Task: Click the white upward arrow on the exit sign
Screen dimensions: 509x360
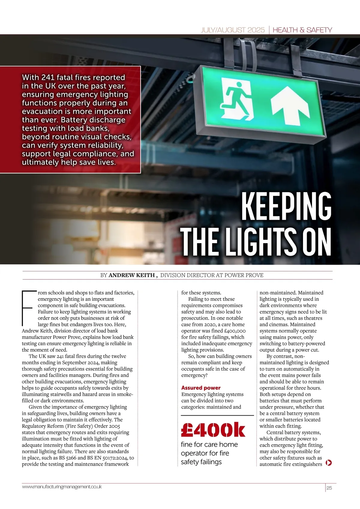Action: pyautogui.click(x=290, y=105)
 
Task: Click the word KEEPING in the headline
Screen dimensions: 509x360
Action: pyautogui.click(x=286, y=206)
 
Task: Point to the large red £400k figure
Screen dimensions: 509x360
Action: pyautogui.click(x=213, y=430)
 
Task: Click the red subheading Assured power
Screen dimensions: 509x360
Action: pyautogui.click(x=201, y=388)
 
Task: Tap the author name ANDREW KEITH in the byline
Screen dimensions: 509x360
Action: pyautogui.click(x=131, y=275)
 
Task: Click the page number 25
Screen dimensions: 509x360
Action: pyautogui.click(x=329, y=488)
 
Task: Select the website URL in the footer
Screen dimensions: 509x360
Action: pyautogui.click(x=62, y=487)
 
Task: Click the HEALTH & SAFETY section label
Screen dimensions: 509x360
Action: pyautogui.click(x=302, y=30)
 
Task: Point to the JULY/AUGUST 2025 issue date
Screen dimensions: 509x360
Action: pyautogui.click(x=232, y=30)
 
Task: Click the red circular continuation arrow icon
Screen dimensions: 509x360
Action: pyautogui.click(x=328, y=463)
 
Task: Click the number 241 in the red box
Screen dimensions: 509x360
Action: pyautogui.click(x=48, y=77)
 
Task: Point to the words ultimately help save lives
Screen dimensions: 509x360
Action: pyautogui.click(x=69, y=162)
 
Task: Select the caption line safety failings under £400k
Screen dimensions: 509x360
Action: pyautogui.click(x=201, y=462)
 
